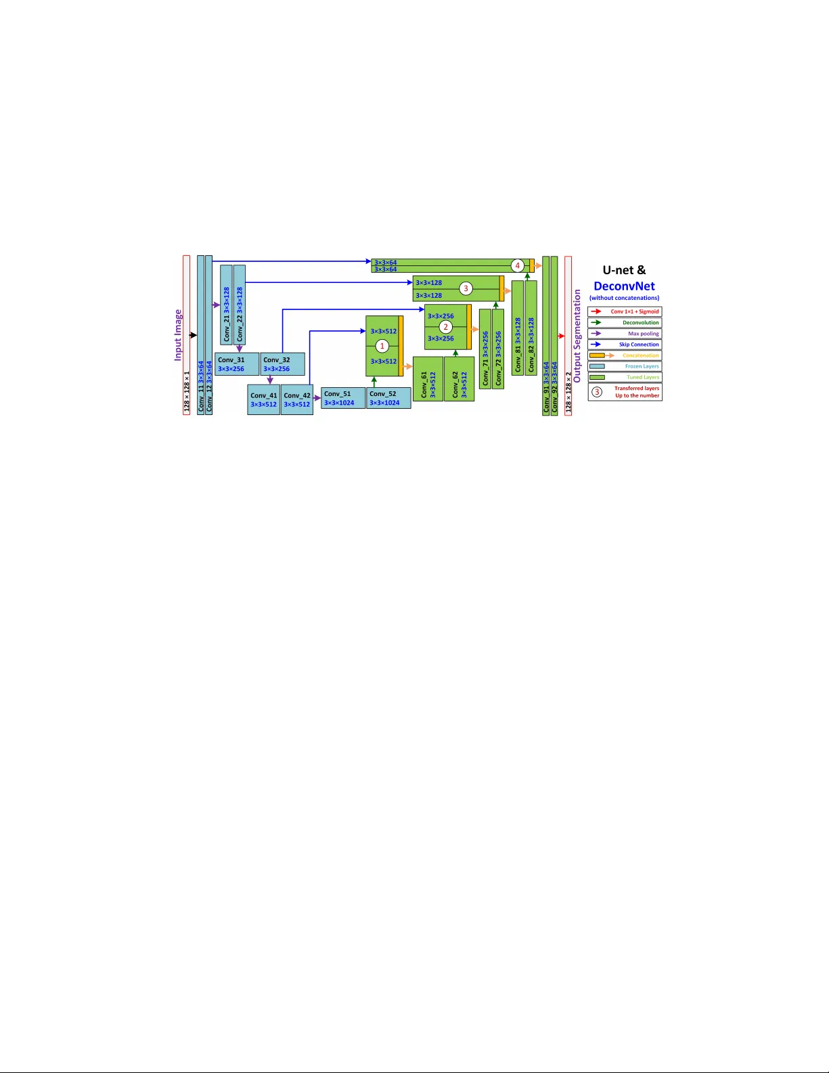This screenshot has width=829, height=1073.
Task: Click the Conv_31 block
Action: [x=237, y=364]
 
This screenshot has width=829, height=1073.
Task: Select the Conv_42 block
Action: [x=297, y=399]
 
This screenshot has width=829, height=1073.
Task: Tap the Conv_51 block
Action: [x=343, y=398]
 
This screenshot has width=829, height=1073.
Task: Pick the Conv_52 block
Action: [x=388, y=398]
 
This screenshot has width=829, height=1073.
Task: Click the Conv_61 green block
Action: [x=428, y=378]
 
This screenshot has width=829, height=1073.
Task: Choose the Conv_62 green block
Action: [x=459, y=378]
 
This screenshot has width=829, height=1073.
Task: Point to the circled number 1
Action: [x=382, y=346]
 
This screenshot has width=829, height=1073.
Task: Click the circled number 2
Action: [x=445, y=327]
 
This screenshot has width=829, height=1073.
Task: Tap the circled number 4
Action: [x=517, y=265]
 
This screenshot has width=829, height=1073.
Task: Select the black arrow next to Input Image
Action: [x=193, y=335]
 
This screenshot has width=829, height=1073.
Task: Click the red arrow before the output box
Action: [x=561, y=336]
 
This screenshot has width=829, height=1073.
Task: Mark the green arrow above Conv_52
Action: [x=374, y=382]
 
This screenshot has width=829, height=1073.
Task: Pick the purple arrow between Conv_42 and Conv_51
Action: [x=317, y=398]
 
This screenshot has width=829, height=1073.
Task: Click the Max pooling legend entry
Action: [x=625, y=333]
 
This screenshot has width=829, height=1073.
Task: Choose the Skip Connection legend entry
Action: [x=625, y=344]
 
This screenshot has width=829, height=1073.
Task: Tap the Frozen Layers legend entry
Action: [x=625, y=366]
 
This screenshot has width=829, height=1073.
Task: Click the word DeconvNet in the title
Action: [x=624, y=286]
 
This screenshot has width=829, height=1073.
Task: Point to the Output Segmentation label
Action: [x=577, y=336]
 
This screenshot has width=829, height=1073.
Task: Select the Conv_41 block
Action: [x=263, y=399]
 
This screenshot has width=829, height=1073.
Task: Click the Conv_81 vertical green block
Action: [x=518, y=328]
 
